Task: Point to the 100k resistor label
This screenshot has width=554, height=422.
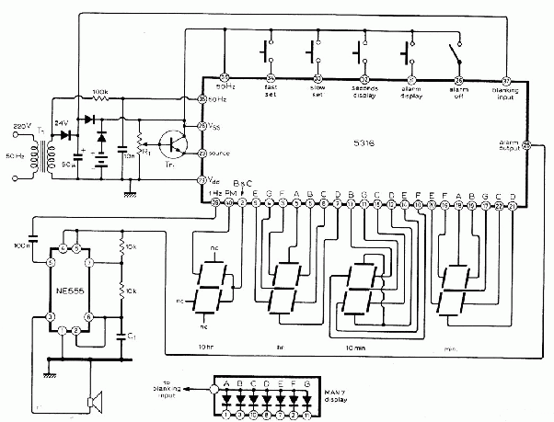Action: [x=100, y=92]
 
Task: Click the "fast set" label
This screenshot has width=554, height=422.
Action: [x=272, y=93]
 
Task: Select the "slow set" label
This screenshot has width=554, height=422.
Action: [x=317, y=93]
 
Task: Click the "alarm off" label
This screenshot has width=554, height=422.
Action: [x=459, y=93]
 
